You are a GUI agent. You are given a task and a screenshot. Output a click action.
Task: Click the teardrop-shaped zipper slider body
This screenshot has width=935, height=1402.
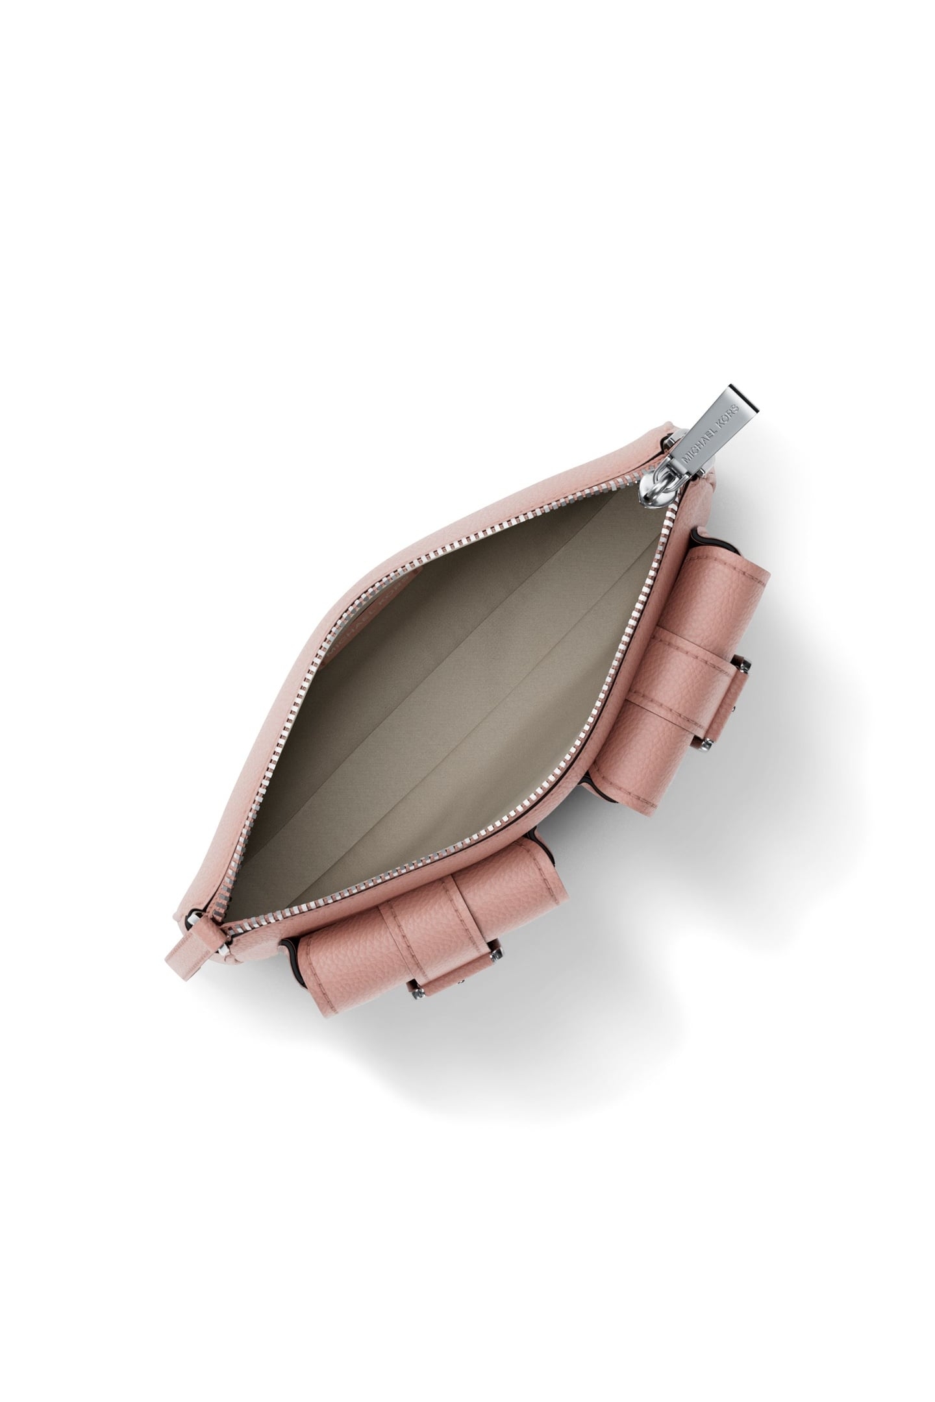pos(658,484)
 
